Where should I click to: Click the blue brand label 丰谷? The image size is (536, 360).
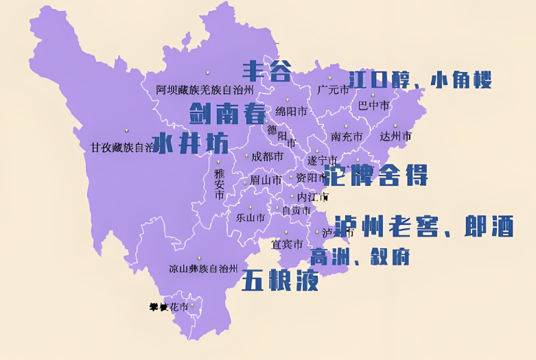(x=267, y=70)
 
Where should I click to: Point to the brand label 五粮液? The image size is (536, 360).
(x=280, y=280)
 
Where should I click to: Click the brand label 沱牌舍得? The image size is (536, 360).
(x=375, y=175)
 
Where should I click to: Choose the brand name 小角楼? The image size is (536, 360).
(x=461, y=81)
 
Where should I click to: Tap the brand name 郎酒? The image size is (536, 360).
(x=489, y=226)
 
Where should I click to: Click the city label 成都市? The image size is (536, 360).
(x=267, y=156)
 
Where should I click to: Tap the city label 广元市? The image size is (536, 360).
(x=333, y=90)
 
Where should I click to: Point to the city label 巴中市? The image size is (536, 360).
(x=374, y=106)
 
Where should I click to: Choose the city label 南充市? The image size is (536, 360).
(x=346, y=136)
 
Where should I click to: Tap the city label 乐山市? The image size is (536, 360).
(x=250, y=218)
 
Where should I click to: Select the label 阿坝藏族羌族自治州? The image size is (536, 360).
(x=205, y=90)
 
